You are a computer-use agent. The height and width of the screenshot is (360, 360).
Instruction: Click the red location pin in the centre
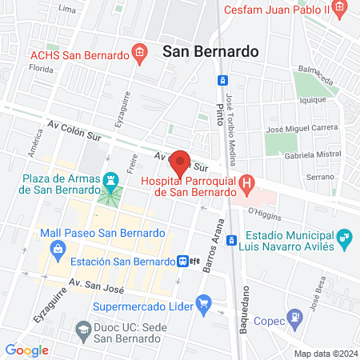pyautogui.click(x=180, y=163)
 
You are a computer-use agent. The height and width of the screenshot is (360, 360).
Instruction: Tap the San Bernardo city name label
pyautogui.click(x=210, y=50)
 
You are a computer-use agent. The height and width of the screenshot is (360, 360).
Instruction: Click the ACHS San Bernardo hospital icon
pyautogui.click(x=139, y=54)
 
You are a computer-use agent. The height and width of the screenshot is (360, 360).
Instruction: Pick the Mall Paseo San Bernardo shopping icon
pyautogui.click(x=58, y=249)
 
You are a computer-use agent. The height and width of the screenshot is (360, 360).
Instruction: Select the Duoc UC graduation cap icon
pyautogui.click(x=83, y=329)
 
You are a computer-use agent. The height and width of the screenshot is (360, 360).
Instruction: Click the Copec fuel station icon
pyautogui.click(x=296, y=316)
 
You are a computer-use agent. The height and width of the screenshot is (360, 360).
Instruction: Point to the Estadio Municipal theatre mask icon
pyautogui.click(x=345, y=237)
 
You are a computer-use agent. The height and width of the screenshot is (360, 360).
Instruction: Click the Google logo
pyautogui.click(x=26, y=350)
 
